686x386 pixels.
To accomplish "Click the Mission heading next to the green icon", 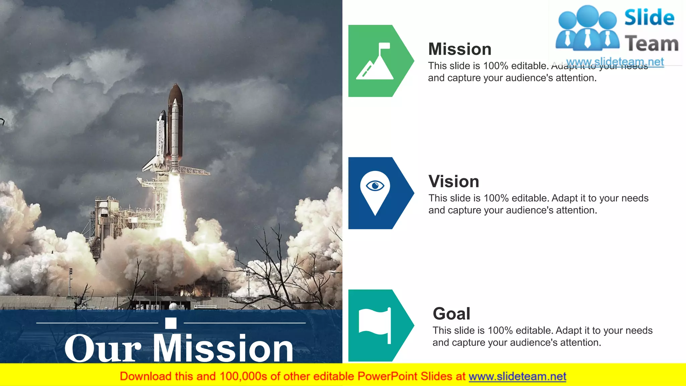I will [x=460, y=49].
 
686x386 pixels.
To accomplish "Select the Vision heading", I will [x=454, y=182].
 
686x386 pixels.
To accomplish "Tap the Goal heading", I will [x=451, y=314].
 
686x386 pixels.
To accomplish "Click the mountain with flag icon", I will [x=375, y=62].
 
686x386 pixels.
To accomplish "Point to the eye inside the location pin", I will [x=375, y=185].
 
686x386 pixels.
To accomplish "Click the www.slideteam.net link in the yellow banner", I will [x=517, y=377].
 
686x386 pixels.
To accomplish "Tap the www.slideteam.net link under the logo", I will [x=615, y=62].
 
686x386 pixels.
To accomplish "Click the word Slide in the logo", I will [x=649, y=17].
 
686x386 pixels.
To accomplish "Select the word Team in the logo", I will [x=651, y=44].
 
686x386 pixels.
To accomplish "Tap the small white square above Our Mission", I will [x=171, y=323].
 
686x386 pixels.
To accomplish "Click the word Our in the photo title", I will [x=102, y=349].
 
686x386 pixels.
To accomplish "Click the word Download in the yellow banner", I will [x=145, y=377].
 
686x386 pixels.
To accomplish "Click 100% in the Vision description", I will [x=496, y=198].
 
